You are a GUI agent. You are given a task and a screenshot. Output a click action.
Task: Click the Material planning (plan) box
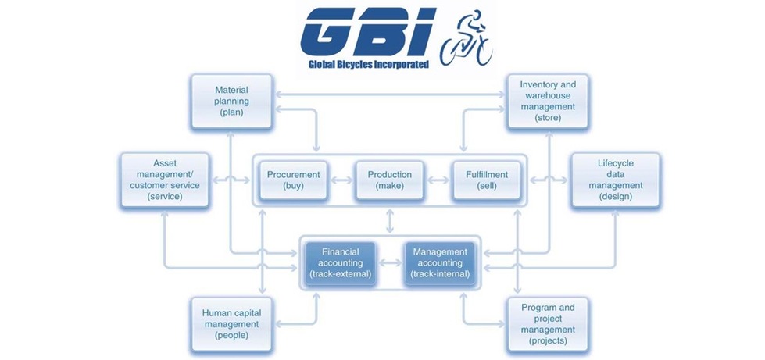231,102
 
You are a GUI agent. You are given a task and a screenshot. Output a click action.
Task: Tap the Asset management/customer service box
164,180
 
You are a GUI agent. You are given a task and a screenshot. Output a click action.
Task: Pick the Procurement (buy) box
293,180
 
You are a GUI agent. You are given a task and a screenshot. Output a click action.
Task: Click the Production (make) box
389,180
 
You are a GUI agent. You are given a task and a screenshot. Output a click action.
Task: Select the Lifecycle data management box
615,180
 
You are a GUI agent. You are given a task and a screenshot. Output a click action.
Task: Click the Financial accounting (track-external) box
340,263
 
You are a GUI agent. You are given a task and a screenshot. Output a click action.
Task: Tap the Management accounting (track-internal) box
439,263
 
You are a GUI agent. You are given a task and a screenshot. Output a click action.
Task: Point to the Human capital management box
231,324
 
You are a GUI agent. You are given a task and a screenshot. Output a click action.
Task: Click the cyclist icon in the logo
467,39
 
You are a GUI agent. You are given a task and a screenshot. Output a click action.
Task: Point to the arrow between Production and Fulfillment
438,180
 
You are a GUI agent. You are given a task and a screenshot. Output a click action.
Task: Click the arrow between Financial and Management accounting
389,263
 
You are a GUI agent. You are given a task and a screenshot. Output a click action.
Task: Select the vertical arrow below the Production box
389,221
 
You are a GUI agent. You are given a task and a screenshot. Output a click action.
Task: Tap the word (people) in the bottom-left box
231,336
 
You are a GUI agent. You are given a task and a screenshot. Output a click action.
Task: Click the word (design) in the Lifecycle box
615,197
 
